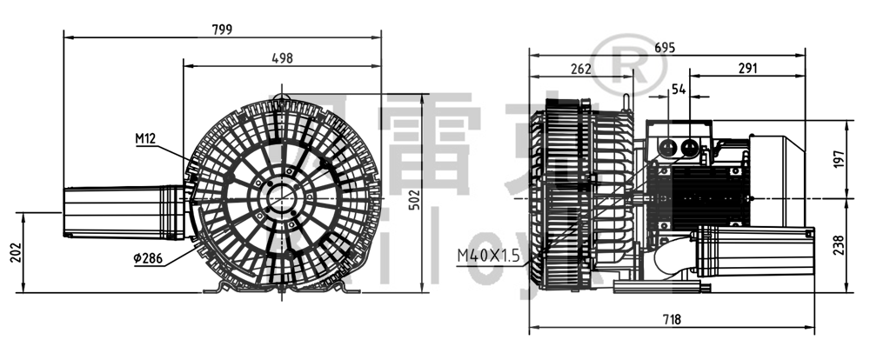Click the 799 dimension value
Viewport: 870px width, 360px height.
222,29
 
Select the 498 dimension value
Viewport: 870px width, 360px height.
282,58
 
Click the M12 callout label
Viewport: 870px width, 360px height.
145,138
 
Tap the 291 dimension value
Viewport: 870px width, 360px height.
746,69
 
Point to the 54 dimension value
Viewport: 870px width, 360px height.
679,90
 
